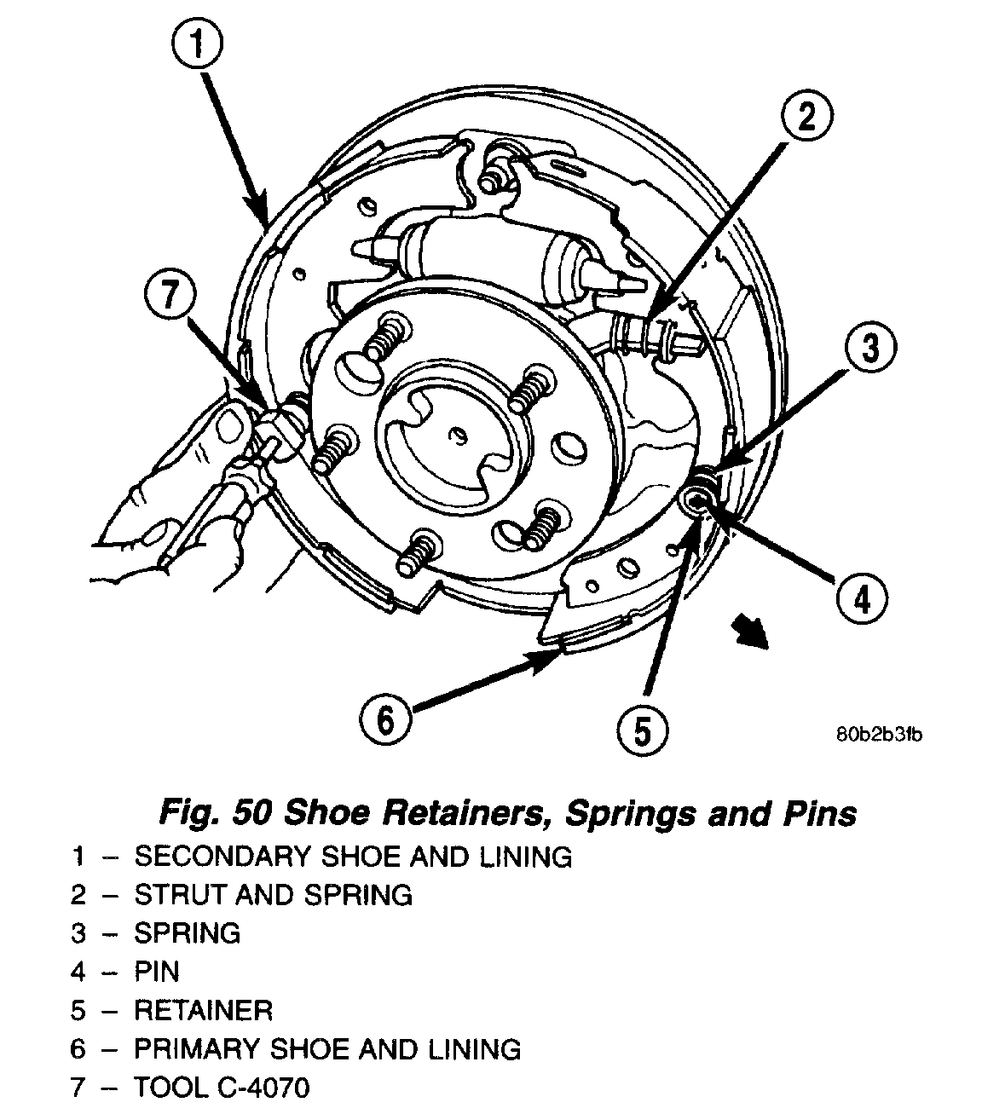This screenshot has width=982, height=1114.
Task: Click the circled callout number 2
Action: (x=804, y=118)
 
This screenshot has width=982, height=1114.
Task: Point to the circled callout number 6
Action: (x=385, y=720)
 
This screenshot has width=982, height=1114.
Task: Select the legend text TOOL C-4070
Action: (x=222, y=1088)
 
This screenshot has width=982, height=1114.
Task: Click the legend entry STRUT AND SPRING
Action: (x=273, y=894)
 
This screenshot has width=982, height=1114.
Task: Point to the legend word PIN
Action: (x=157, y=972)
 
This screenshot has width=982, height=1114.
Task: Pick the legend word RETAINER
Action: (x=203, y=1011)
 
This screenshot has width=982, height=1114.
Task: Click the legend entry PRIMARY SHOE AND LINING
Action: (x=327, y=1048)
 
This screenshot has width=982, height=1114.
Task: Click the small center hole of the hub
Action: (x=457, y=436)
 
